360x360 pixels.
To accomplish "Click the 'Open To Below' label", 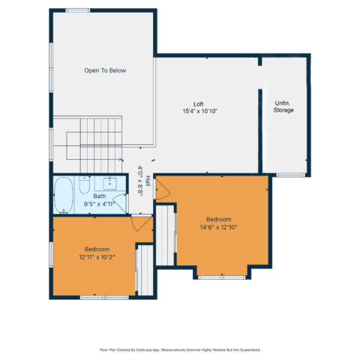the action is [105, 70].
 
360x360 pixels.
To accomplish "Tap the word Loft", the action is [199, 104].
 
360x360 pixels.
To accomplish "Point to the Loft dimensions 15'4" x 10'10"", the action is [199, 111].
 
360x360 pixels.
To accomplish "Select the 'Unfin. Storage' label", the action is [283, 106].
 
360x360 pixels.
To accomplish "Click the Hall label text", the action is [148, 181].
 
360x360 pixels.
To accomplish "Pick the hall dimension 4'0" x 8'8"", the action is [140, 181].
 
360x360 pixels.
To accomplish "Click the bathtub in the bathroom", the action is [64, 195].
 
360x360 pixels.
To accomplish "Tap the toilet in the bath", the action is [84, 184].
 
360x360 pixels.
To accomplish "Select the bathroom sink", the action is [110, 184].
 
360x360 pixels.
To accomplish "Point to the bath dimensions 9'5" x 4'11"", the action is [99, 204].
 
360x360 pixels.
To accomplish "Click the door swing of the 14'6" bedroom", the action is [163, 190].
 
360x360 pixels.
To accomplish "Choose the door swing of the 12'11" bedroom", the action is [141, 223].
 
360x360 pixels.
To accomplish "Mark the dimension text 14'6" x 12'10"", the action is [218, 227].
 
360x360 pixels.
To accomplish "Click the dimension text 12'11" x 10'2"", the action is [97, 257].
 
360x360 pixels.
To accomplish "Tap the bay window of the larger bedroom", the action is [222, 277].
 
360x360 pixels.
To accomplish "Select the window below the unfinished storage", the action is [291, 175].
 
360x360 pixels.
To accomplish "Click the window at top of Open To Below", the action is [78, 10].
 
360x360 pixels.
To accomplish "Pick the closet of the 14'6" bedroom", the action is [165, 235].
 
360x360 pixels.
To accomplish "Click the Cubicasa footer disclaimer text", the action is [180, 349].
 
